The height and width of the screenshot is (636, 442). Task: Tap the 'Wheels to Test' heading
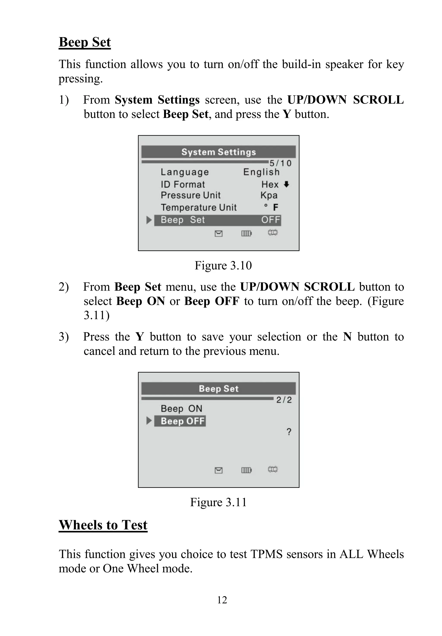click(103, 525)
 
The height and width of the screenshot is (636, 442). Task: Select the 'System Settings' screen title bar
click(218, 152)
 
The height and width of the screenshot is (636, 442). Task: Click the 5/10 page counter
click(281, 163)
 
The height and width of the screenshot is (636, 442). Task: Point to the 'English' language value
click(261, 172)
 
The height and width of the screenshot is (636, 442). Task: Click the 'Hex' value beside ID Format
click(270, 185)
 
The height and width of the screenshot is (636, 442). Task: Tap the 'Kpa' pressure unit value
click(269, 195)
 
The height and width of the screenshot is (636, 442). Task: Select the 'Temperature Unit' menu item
click(199, 207)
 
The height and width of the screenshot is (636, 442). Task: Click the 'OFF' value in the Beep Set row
click(271, 220)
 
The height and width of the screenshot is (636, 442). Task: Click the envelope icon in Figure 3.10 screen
click(218, 234)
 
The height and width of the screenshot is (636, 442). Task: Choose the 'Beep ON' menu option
click(182, 409)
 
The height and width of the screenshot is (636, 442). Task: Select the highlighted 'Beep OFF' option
click(183, 421)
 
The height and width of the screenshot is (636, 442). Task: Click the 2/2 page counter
click(284, 400)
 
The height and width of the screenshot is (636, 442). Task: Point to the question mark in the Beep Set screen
click(289, 432)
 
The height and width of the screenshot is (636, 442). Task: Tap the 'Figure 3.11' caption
click(218, 502)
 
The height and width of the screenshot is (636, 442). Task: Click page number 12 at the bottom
click(222, 600)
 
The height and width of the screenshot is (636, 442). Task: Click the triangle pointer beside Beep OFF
click(149, 421)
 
